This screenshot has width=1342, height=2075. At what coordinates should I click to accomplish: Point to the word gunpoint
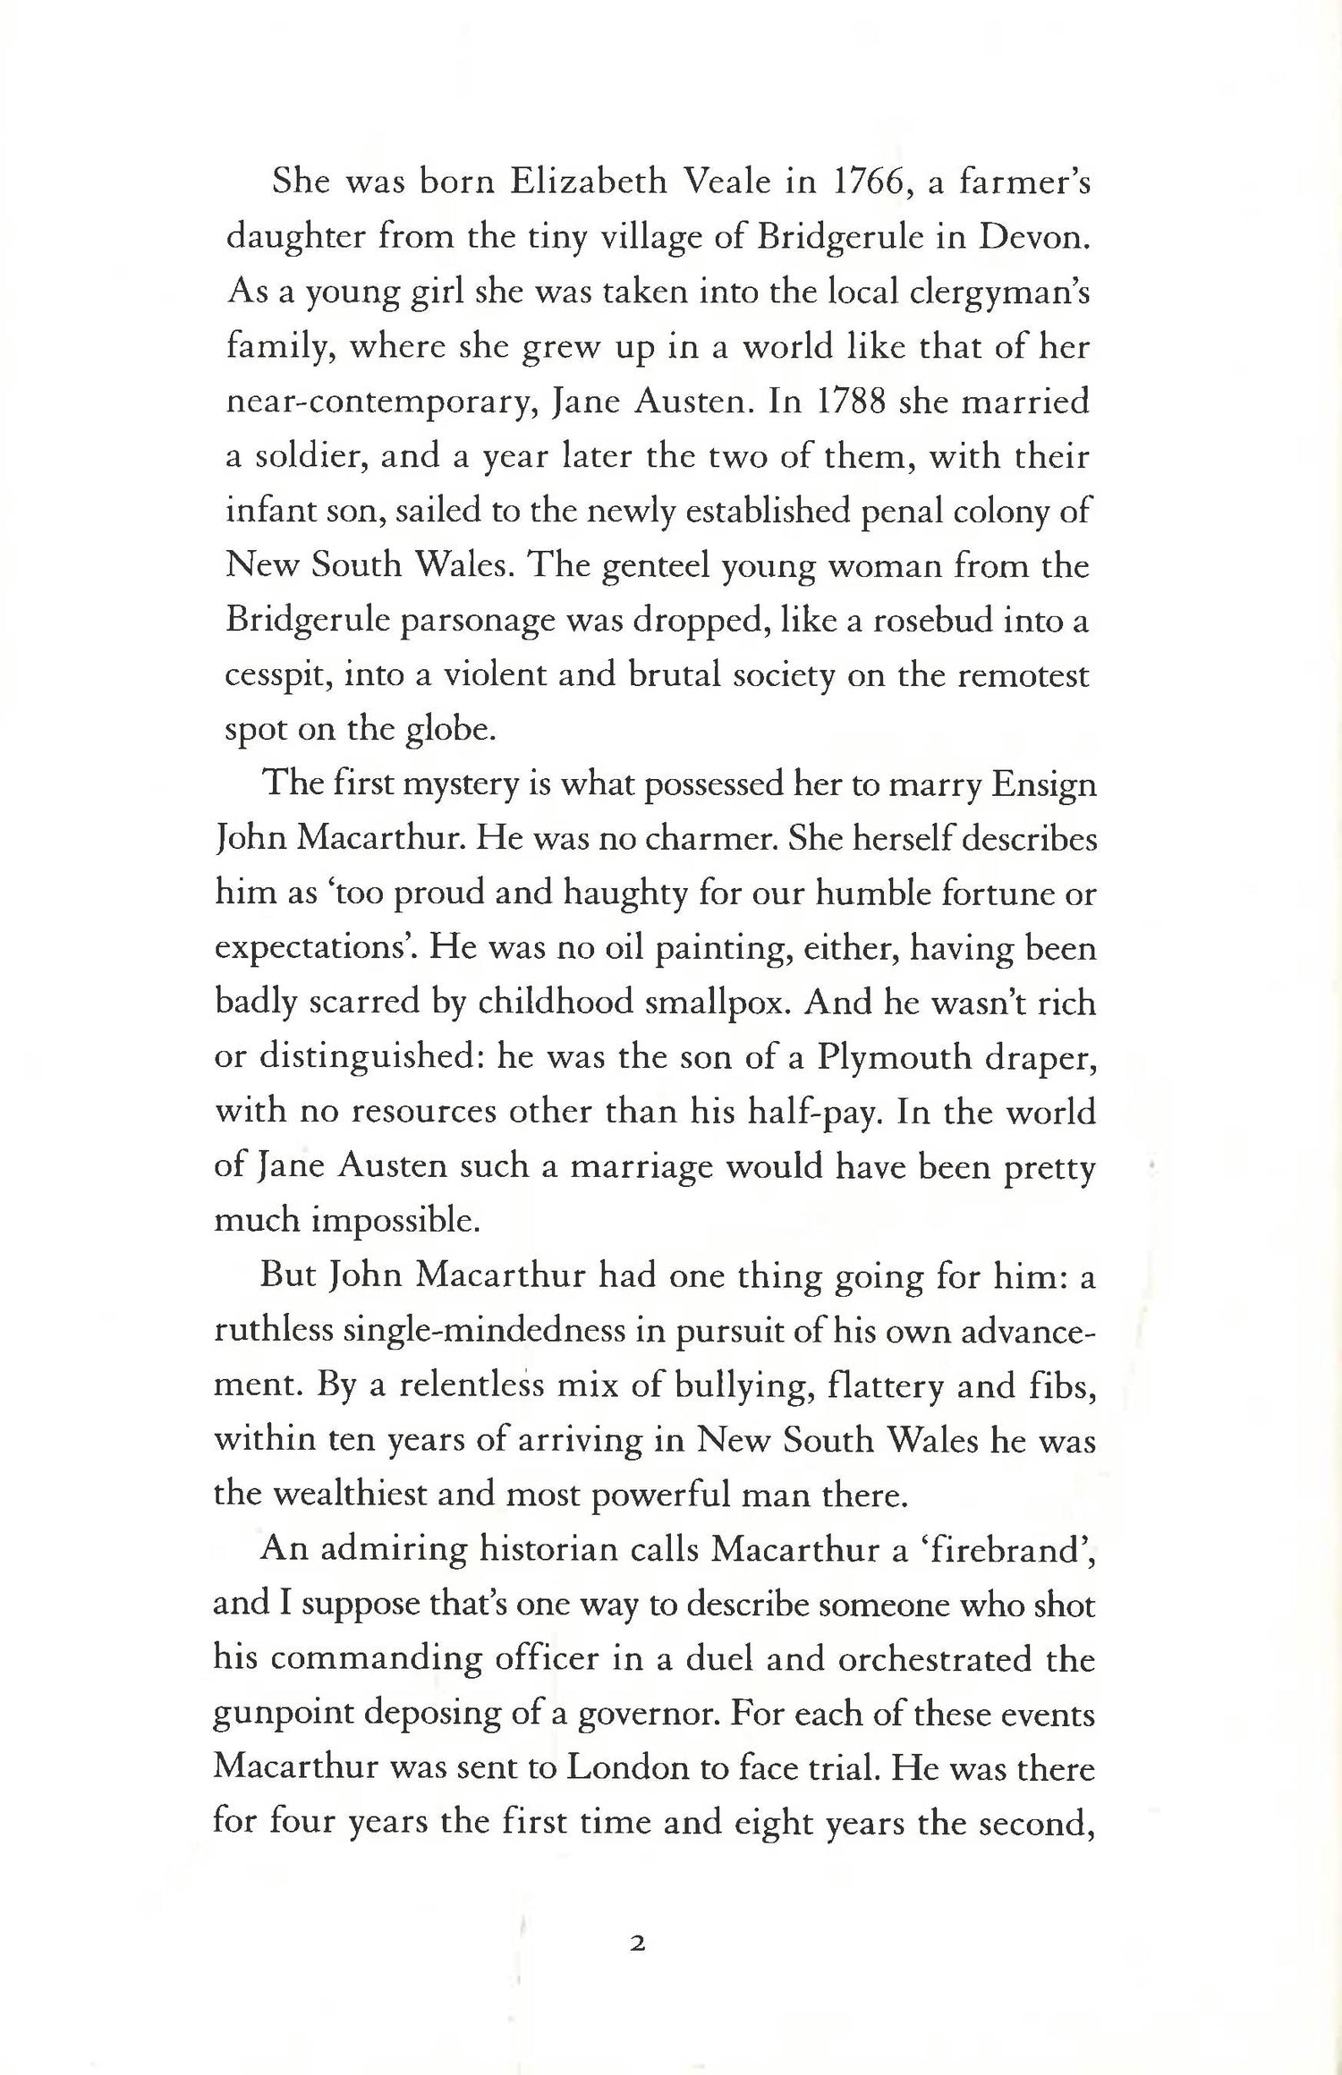pos(287,1715)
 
